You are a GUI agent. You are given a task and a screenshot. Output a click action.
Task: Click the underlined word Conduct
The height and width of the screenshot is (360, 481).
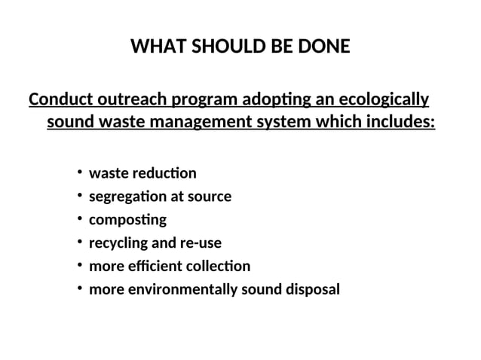point(60,99)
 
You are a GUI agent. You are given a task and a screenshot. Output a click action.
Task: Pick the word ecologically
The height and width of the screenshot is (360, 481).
point(384,99)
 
